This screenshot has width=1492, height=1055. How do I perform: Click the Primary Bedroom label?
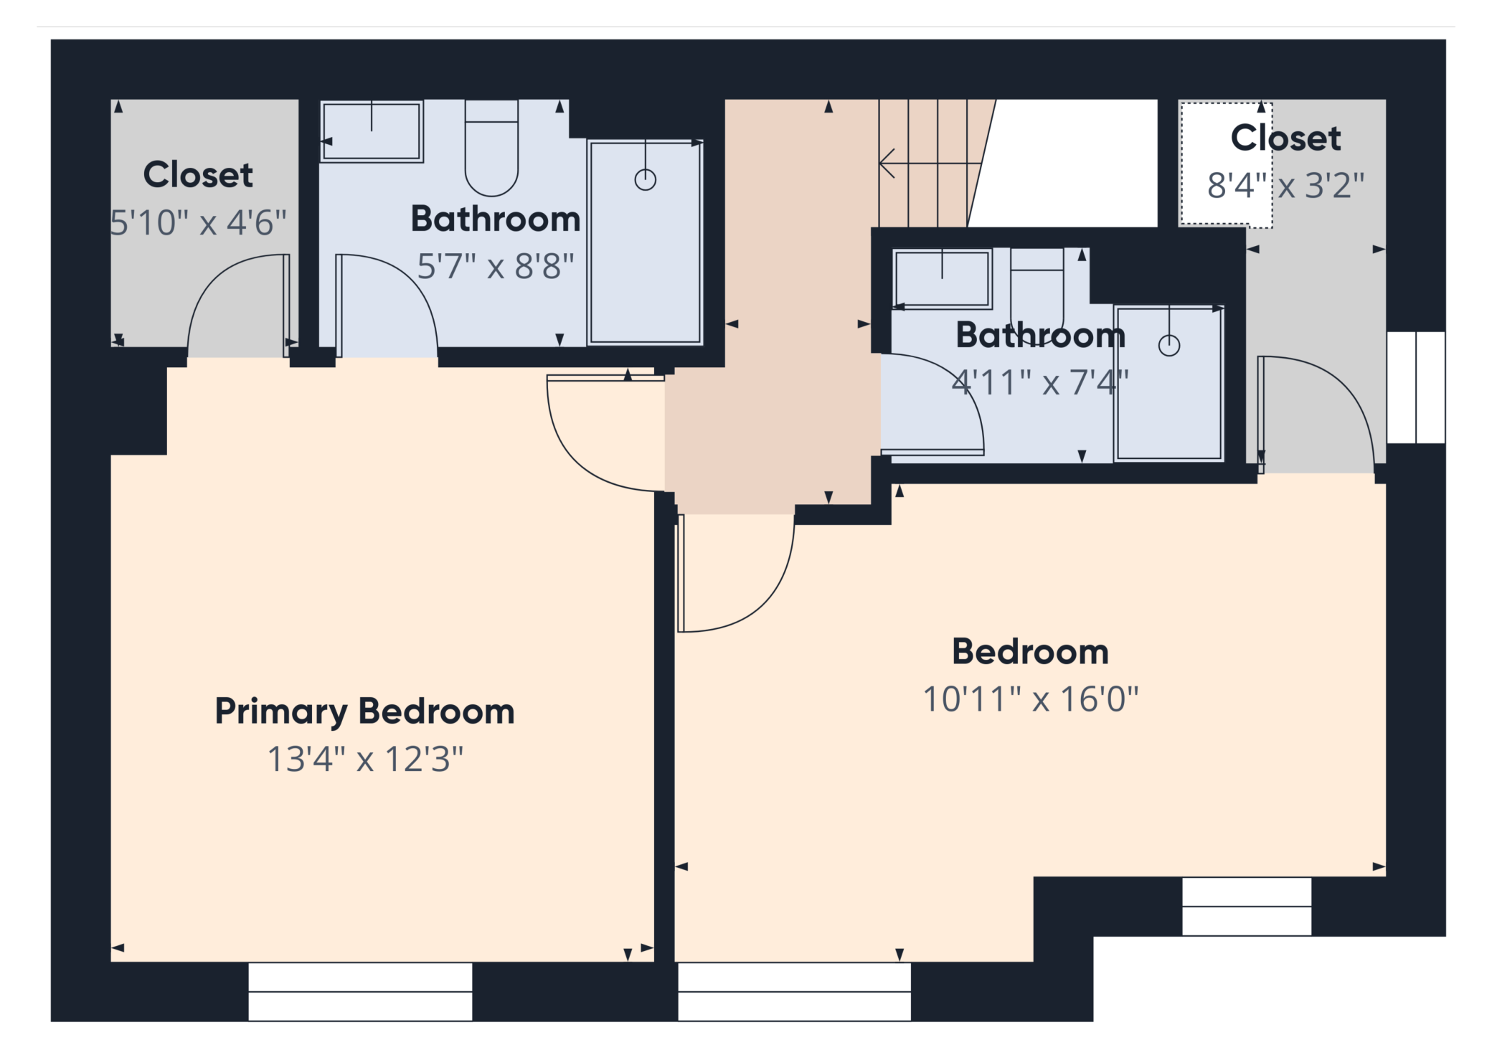click(364, 711)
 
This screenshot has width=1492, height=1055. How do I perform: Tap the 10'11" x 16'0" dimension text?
click(1030, 699)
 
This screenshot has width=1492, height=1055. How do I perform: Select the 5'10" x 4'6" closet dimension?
click(198, 222)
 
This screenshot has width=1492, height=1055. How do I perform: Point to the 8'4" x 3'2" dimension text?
click(1285, 185)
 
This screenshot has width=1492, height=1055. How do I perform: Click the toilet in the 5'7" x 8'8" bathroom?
click(491, 148)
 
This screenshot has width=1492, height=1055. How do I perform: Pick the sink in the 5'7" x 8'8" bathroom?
click(372, 131)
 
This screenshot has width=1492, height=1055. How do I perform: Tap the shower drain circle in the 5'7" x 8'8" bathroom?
click(646, 179)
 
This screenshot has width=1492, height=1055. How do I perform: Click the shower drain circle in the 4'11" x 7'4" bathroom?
click(1169, 346)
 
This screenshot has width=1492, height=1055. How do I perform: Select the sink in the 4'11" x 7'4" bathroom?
click(942, 279)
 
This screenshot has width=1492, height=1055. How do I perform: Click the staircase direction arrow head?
click(887, 164)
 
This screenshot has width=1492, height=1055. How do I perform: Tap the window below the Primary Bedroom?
click(360, 991)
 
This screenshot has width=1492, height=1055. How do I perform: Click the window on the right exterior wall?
click(1416, 387)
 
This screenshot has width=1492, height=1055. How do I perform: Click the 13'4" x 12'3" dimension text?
click(365, 759)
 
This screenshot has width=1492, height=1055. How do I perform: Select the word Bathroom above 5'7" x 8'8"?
click(496, 219)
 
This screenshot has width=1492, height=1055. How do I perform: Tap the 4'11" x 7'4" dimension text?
click(1040, 382)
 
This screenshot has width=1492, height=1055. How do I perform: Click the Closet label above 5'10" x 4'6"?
click(198, 174)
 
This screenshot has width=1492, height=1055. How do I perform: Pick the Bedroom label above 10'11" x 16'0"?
click(1030, 652)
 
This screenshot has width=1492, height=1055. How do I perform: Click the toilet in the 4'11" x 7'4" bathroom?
click(1037, 287)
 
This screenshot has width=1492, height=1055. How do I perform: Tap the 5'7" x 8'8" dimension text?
click(496, 266)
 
